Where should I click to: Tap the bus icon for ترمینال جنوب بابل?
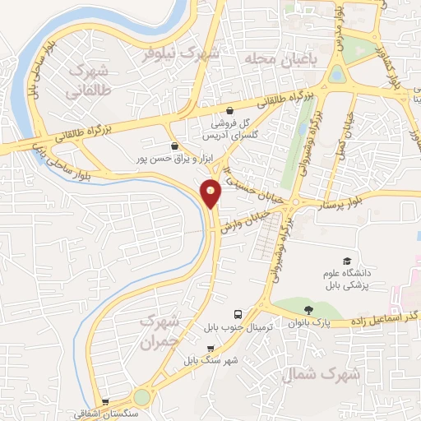click(x=238, y=314)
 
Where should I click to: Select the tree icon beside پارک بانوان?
click(x=308, y=310)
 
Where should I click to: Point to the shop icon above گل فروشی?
click(x=229, y=109)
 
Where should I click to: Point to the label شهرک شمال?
click(x=322, y=375)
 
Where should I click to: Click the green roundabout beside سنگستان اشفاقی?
click(x=142, y=396)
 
